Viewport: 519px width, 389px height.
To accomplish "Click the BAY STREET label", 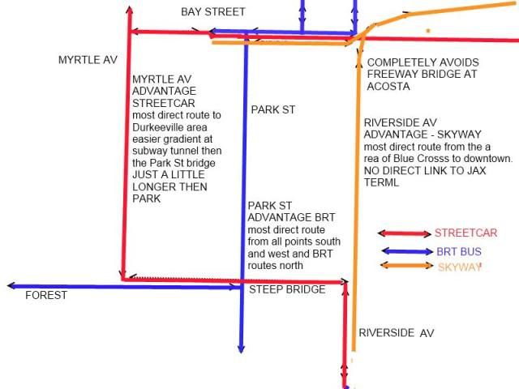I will pos(212,11).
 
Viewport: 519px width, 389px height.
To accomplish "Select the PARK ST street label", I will pos(272,109).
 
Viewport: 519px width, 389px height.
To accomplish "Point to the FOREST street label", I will pos(46,296).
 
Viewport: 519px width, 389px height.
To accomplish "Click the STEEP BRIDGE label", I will pos(286,289).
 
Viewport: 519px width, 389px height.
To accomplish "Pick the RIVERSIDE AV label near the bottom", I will pos(397,333).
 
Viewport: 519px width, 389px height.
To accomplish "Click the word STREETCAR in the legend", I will pos(465,233).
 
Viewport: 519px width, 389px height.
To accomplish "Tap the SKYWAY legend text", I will pos(459,267).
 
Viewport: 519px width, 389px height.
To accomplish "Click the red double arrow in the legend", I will pos(404,233).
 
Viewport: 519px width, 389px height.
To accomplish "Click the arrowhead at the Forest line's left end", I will pos(11,286).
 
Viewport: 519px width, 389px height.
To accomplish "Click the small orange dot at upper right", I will pos(428,31).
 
